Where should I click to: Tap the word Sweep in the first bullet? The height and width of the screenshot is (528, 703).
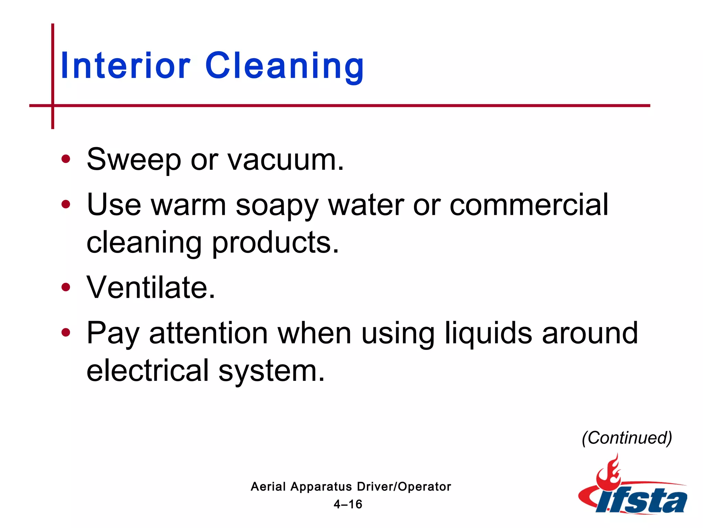134,159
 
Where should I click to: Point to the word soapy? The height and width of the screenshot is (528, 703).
277,206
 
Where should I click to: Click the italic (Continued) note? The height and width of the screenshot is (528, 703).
627,438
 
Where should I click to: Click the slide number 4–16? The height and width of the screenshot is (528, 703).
348,504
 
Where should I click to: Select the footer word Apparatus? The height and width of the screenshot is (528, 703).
321,487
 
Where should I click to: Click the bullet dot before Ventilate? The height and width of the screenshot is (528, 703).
66,287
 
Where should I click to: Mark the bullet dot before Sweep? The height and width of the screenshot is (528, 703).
66,159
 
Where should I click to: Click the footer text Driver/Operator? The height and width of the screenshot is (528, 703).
404,487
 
